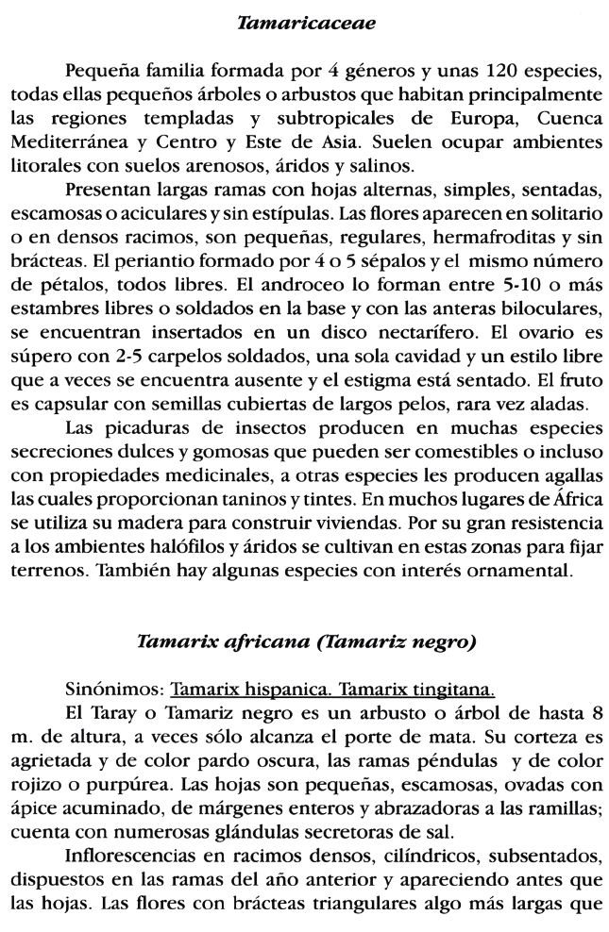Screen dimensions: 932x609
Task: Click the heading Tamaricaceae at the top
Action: [305, 22]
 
